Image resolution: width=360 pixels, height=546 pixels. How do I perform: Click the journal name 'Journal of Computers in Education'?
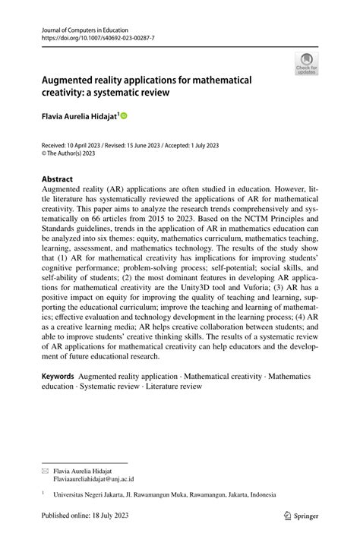84,30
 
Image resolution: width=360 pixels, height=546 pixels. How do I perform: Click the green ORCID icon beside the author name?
124,116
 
